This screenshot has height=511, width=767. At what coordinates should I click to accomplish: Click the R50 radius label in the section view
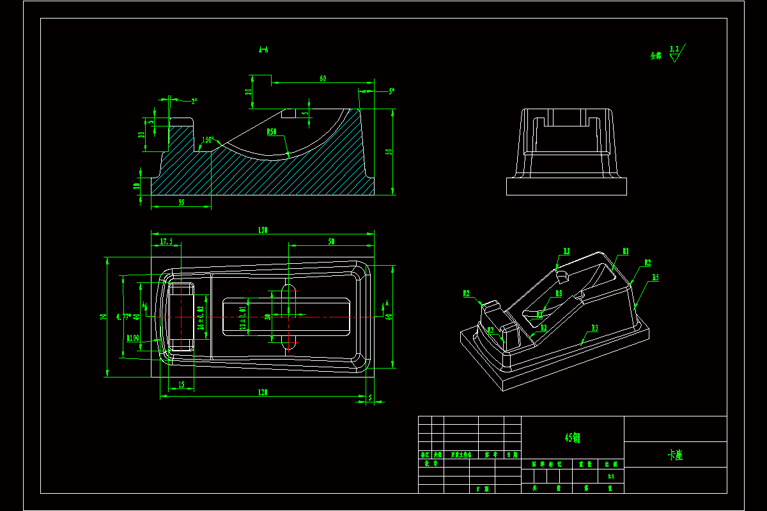[273, 132]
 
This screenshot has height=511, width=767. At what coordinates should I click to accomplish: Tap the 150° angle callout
[208, 140]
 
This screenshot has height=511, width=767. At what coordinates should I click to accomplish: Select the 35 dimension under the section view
[181, 202]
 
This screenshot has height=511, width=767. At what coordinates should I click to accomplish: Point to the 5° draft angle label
[391, 91]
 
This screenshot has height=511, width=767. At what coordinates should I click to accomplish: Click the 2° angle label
[194, 101]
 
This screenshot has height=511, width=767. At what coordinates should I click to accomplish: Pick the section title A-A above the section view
[263, 49]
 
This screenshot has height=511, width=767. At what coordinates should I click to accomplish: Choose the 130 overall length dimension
[262, 230]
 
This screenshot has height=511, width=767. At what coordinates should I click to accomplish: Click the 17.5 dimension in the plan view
[166, 241]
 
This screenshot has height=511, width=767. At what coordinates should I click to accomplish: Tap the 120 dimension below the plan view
[262, 392]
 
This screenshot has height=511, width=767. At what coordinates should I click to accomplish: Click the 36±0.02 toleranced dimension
[200, 317]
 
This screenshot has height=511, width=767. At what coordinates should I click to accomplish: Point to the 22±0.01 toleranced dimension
[242, 317]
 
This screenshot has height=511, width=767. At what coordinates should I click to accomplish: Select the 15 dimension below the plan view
[181, 385]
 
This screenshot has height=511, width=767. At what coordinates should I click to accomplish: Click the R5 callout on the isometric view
[655, 278]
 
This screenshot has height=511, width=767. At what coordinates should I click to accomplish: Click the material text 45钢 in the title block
[572, 438]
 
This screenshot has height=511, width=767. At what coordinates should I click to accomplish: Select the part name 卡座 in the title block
[675, 455]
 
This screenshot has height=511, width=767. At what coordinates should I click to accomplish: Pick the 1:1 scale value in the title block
[610, 476]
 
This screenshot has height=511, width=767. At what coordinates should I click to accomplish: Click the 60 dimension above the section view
[323, 79]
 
